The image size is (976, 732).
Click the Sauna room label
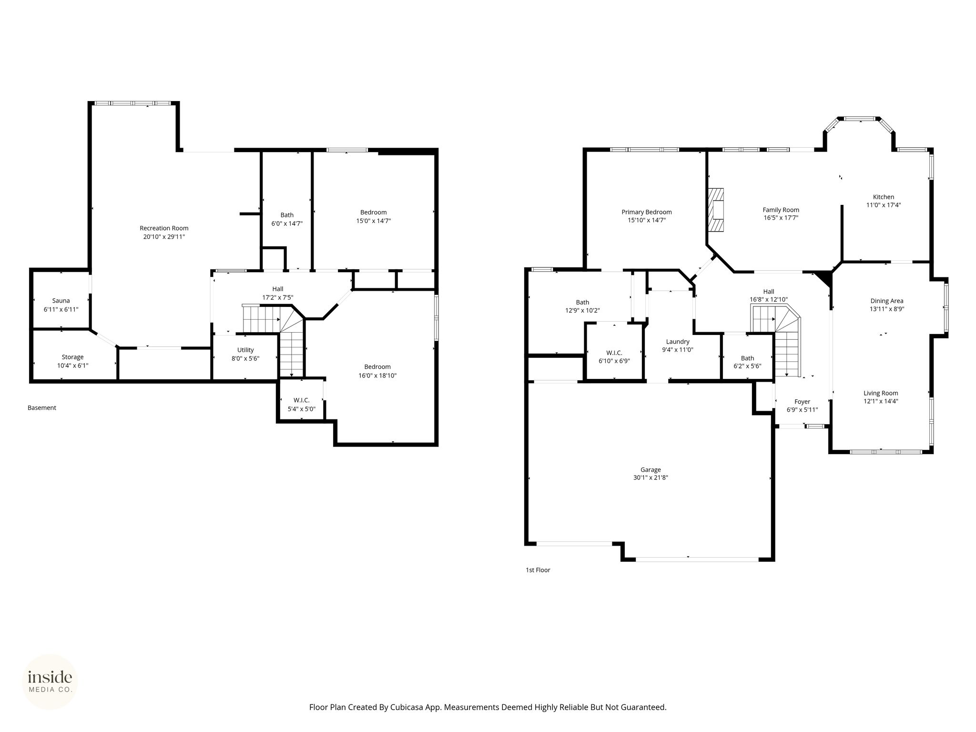coord(61,301)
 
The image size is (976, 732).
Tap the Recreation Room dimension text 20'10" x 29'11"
coord(164,236)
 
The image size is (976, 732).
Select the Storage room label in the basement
coord(72,357)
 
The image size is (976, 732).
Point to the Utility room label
coord(245,350)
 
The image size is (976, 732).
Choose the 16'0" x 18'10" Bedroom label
coord(377,371)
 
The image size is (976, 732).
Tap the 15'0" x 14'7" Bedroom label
coord(373,216)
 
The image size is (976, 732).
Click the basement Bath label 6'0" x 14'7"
coord(287,219)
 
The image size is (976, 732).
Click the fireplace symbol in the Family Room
coord(715,210)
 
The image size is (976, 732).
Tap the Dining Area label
coord(887,301)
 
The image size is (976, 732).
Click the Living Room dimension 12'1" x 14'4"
coord(881,401)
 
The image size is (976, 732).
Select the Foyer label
coord(802,402)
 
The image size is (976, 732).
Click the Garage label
coord(651,469)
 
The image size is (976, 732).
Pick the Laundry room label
coord(678,342)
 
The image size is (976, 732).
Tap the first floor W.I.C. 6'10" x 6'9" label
coord(614,357)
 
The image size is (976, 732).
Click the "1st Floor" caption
coord(538,570)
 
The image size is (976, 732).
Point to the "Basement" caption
coord(42,408)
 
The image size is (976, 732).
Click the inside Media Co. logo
coord(50,682)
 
